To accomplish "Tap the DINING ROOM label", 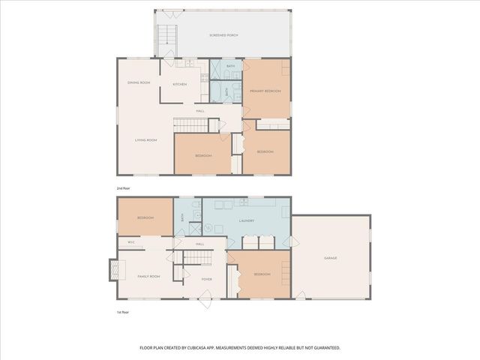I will click(139, 82).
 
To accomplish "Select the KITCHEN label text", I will click(179, 84).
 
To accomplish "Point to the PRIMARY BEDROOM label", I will click(265, 91).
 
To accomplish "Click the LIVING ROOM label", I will click(145, 140).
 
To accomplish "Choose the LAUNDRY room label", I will click(246, 220).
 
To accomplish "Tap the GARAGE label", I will click(330, 258).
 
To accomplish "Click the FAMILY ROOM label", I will click(148, 277).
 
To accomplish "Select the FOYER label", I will click(206, 279).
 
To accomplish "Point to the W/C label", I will click(130, 242).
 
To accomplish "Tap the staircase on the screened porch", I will click(165, 34).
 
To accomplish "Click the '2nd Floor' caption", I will click(123, 187).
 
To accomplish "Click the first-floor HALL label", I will click(200, 244).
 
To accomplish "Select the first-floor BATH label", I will click(181, 217).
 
